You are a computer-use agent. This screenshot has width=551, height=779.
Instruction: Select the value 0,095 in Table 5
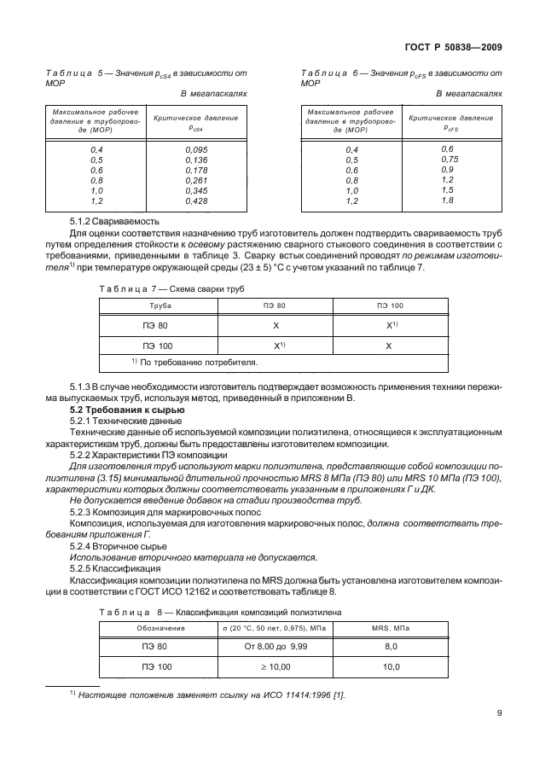(196, 149)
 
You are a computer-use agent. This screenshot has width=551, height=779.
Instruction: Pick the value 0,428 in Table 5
(196, 201)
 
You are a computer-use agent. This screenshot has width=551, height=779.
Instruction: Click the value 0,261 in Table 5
(196, 180)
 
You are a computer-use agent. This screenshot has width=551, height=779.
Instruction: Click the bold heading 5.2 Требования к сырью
(125, 410)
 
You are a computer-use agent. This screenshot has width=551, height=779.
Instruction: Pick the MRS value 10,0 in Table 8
(391, 666)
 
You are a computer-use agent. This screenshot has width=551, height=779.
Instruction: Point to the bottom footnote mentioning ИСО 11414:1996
(206, 695)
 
